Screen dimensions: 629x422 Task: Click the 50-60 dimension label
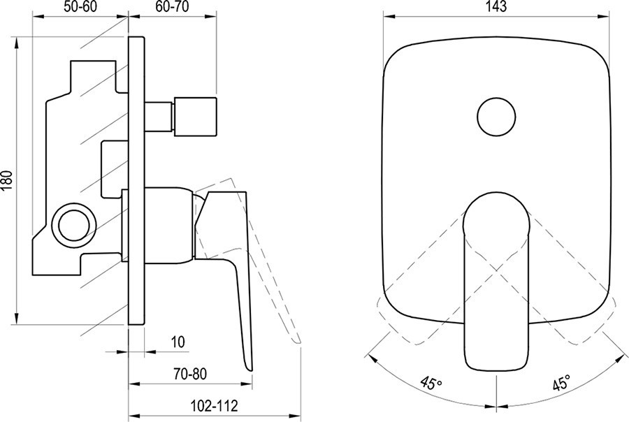click(x=80, y=7)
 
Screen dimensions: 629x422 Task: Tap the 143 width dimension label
click(x=496, y=6)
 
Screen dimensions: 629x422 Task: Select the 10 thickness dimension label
click(x=178, y=342)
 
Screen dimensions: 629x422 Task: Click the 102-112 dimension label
click(x=214, y=405)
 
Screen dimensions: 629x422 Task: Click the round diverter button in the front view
click(x=496, y=117)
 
